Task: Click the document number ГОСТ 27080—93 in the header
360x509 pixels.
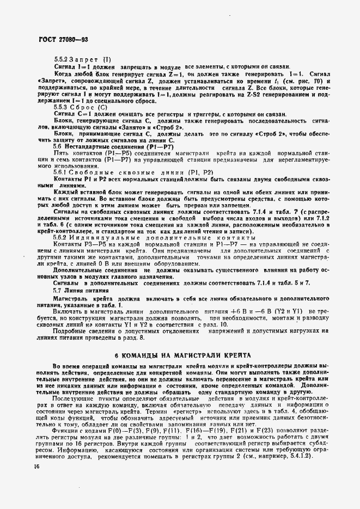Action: (60, 40)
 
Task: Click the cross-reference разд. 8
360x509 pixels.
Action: (135, 338)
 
